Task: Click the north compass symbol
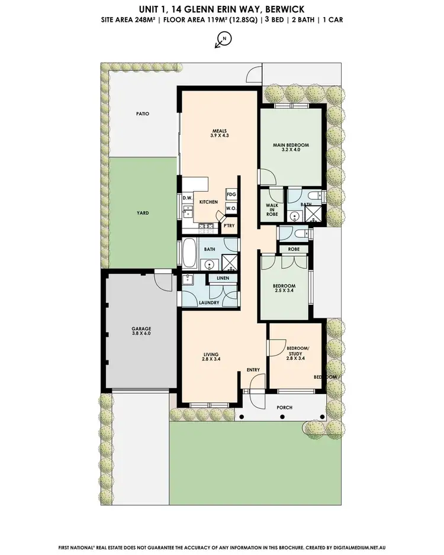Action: (x=224, y=39)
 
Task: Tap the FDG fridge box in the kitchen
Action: (x=231, y=194)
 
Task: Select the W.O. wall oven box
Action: (x=231, y=208)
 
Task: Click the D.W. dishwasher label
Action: (x=186, y=198)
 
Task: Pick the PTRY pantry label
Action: (x=229, y=225)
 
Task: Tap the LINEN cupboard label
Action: (x=223, y=277)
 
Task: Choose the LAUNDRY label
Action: (x=210, y=303)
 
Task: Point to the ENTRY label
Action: (x=253, y=370)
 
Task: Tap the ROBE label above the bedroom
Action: (x=294, y=250)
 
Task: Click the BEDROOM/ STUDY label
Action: (x=295, y=353)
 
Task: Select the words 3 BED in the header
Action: (x=273, y=20)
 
